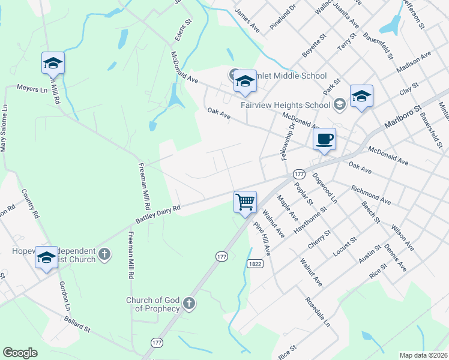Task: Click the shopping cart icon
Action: (245, 202)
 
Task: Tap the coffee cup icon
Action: (324, 139)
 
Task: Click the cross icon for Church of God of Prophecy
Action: (189, 303)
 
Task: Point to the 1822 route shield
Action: (254, 263)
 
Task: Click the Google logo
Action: (20, 353)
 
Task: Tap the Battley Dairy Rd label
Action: (158, 215)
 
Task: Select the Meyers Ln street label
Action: (32, 88)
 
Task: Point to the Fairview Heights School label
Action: (285, 105)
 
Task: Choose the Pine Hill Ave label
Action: (263, 238)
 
